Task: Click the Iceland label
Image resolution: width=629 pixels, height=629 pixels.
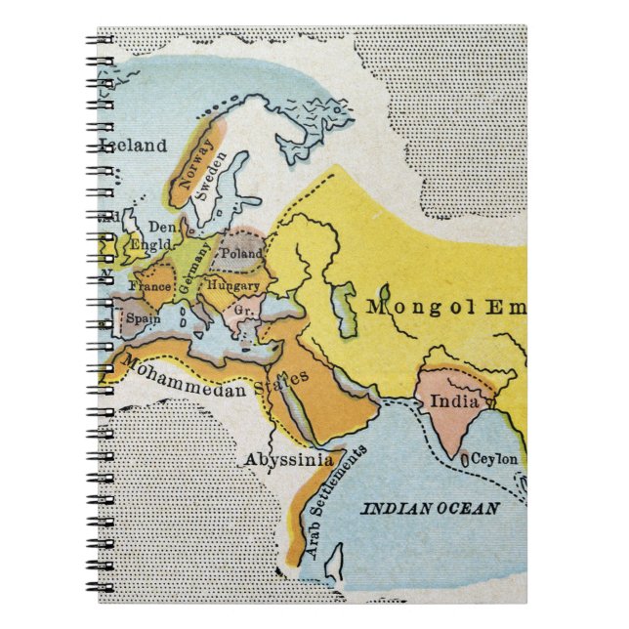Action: [134, 147]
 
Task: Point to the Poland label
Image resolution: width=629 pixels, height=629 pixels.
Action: [241, 253]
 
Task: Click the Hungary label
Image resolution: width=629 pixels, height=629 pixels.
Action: [233, 286]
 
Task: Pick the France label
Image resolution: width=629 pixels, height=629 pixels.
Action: [157, 289]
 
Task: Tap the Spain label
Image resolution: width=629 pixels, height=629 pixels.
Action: [143, 318]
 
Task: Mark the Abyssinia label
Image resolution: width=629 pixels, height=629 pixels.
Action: [288, 459]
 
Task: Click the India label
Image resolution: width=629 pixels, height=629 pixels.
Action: [454, 401]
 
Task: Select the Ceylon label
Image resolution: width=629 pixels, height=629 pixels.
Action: [495, 458]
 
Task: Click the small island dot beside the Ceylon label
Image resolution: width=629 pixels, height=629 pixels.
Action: [465, 455]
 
